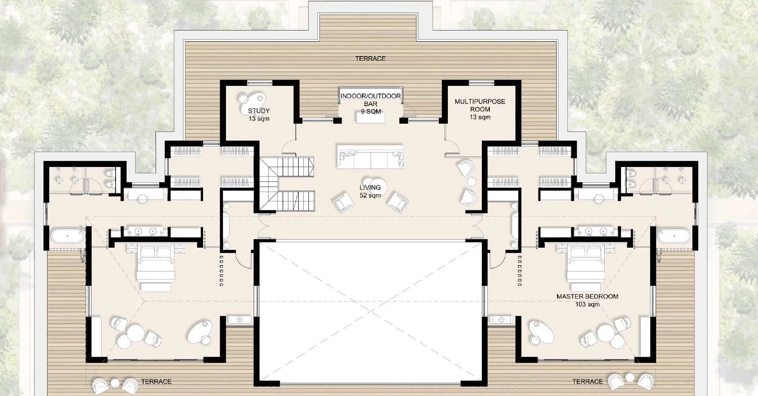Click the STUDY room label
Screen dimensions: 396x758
tap(259, 115)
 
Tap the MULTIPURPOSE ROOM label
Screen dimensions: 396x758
tap(480, 109)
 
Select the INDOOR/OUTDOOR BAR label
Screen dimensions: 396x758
tap(370, 103)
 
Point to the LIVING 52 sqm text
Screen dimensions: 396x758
tap(370, 191)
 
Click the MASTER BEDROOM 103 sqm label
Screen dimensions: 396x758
tap(587, 300)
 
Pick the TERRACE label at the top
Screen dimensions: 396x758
tap(371, 58)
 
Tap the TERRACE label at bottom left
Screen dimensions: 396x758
tap(156, 381)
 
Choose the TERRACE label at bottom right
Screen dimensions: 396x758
tap(587, 381)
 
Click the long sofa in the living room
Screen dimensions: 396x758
tap(370, 157)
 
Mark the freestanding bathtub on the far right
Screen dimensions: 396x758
tap(675, 236)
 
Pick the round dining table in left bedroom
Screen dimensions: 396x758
tap(135, 331)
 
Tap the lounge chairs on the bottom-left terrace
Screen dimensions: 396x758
tap(115, 385)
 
